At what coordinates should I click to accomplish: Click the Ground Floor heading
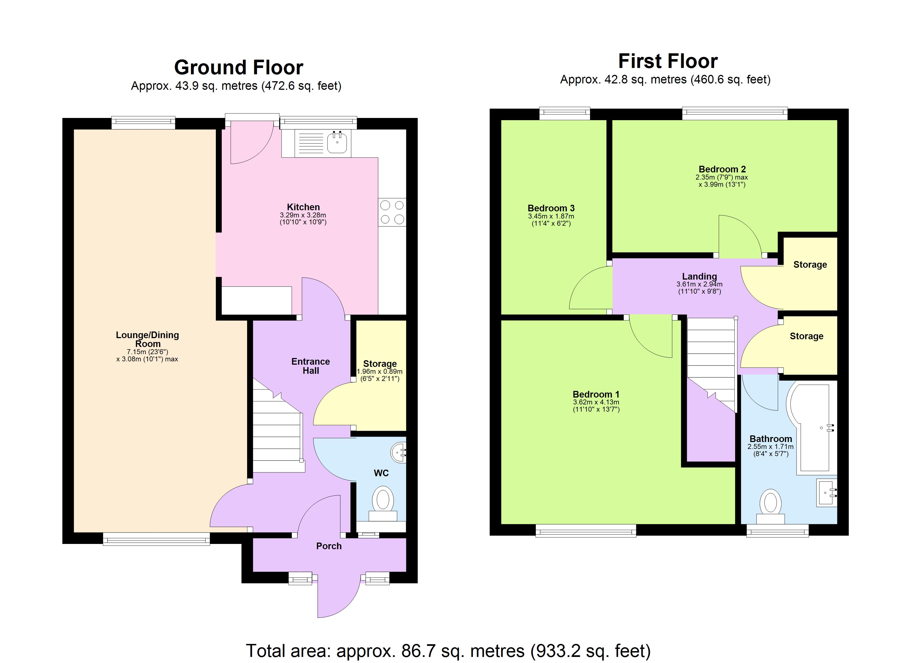point(239,68)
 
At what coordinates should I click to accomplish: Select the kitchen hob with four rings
point(392,212)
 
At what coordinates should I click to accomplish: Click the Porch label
point(329,546)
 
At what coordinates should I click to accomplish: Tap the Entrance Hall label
point(310,366)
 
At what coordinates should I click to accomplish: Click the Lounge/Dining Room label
point(147,339)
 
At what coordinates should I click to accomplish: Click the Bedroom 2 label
point(722,169)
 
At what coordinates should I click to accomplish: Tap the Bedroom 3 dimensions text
point(551,220)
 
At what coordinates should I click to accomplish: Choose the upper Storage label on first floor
point(810,265)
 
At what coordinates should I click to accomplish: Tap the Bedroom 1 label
point(596,394)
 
